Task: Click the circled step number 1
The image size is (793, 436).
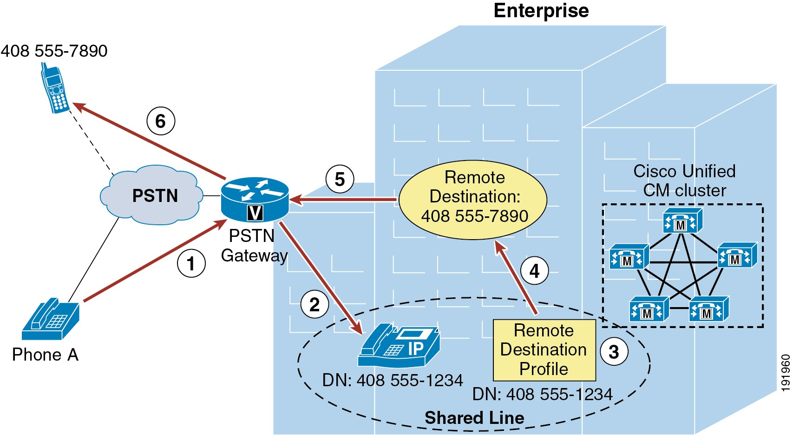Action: (191, 264)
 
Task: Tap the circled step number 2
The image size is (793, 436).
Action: (315, 305)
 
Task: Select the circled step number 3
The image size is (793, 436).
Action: (614, 352)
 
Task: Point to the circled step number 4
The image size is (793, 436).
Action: (534, 271)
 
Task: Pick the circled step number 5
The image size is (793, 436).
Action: (340, 179)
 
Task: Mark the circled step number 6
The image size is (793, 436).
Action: (161, 121)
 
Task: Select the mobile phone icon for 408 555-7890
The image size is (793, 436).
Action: (55, 89)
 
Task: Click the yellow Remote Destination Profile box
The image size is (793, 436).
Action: (544, 350)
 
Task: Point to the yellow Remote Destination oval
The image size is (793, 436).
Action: (473, 200)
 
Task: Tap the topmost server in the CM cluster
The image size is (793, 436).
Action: (682, 221)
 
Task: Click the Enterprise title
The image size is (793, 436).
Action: (541, 10)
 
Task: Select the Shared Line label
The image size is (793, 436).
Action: (474, 418)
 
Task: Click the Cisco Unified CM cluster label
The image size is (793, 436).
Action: (684, 181)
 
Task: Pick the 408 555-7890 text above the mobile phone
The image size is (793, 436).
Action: (54, 51)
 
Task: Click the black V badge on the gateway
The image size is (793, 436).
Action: (255, 213)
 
